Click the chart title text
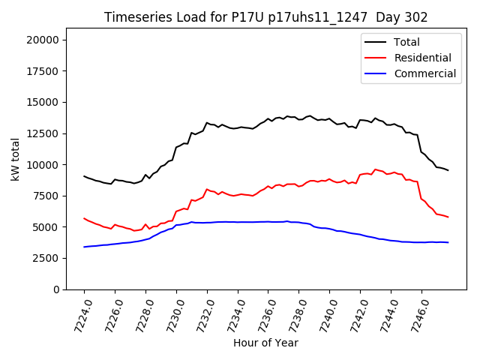click(x=265, y=17)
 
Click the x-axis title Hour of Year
click(x=265, y=343)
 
